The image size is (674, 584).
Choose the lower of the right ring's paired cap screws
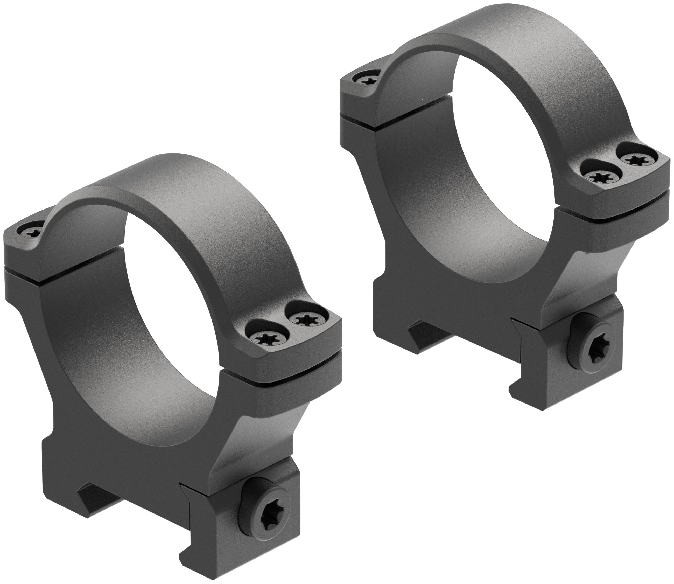point(600,178)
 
